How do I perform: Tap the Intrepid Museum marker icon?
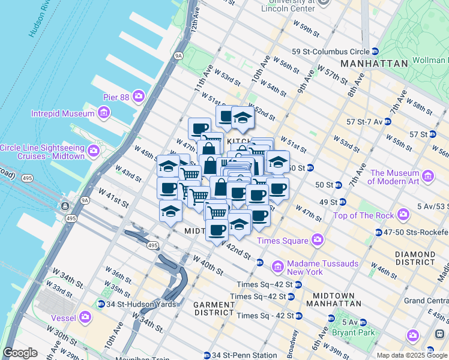(x=104, y=113)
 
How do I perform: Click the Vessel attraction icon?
(x=85, y=316)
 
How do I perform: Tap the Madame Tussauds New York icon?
(x=277, y=265)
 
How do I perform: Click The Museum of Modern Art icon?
(x=427, y=176)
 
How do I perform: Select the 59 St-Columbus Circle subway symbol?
(x=375, y=52)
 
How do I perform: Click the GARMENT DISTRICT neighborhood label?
(x=214, y=308)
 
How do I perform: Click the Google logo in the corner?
(x=20, y=353)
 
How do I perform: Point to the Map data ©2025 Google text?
(x=412, y=355)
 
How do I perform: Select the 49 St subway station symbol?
(x=342, y=202)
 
